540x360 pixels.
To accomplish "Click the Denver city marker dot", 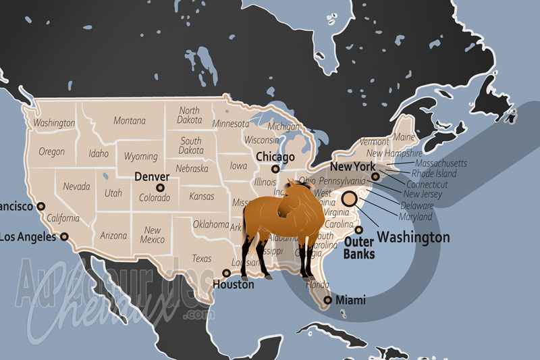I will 160,188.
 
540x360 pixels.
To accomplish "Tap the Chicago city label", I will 275,157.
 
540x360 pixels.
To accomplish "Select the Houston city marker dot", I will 226,274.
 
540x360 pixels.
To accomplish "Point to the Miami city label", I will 350,300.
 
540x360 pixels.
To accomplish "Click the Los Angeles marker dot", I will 65,236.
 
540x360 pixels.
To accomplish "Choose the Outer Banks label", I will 360,247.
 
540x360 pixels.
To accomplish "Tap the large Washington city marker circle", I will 350,199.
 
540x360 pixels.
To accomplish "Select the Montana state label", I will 130,121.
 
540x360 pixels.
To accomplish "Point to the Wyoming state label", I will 140,157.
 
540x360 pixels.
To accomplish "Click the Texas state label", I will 201,258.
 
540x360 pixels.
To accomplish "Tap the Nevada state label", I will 76,186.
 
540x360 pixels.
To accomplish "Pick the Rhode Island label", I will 434,174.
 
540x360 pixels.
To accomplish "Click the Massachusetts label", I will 441,163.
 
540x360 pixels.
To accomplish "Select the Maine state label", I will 404,137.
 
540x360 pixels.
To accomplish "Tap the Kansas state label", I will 201,197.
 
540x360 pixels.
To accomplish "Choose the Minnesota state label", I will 231,124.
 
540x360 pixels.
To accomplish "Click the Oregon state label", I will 52,152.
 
